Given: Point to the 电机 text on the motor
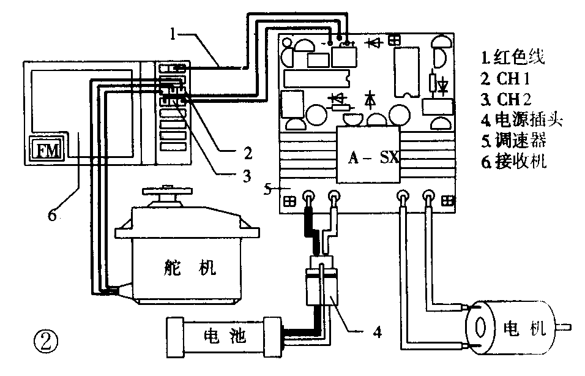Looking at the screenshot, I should pos(523,328).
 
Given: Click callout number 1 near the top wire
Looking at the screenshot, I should pos(174,35).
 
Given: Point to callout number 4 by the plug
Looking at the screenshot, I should pos(378,333).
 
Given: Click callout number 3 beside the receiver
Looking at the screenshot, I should pos(245,176).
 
